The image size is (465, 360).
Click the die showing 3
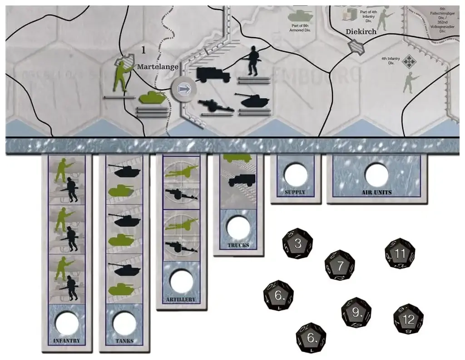pos(297,244)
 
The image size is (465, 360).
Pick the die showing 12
pos(408,320)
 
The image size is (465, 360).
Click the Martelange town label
pos(158,66)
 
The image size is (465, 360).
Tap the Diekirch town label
pos(362,32)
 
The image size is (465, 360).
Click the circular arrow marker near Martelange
pos(183,90)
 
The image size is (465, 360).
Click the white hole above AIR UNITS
pos(377,175)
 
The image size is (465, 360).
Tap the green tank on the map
pos(152,98)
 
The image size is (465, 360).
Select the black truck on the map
pos(213,75)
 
